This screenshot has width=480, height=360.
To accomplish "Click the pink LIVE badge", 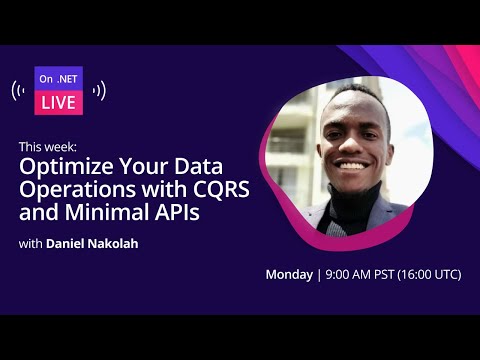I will point(59,102).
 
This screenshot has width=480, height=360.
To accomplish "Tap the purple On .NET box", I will point(59,79).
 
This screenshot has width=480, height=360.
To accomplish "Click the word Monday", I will point(288,273).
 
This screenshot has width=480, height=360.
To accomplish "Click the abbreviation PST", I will point(387,273).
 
